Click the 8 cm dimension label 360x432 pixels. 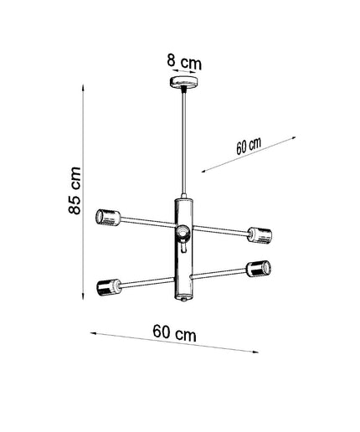pos(184,62)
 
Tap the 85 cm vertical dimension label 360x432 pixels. pos(75,190)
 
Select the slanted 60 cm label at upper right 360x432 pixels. pos(249,146)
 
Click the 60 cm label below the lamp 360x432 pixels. pos(174,332)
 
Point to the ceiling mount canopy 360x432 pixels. pos(184,82)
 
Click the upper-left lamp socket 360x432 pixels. pos(108,218)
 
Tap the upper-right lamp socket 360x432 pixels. pos(260,235)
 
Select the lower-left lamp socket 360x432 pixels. pos(109,287)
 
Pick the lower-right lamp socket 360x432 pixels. pos(259,269)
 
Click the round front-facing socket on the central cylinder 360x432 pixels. pos(183,233)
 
